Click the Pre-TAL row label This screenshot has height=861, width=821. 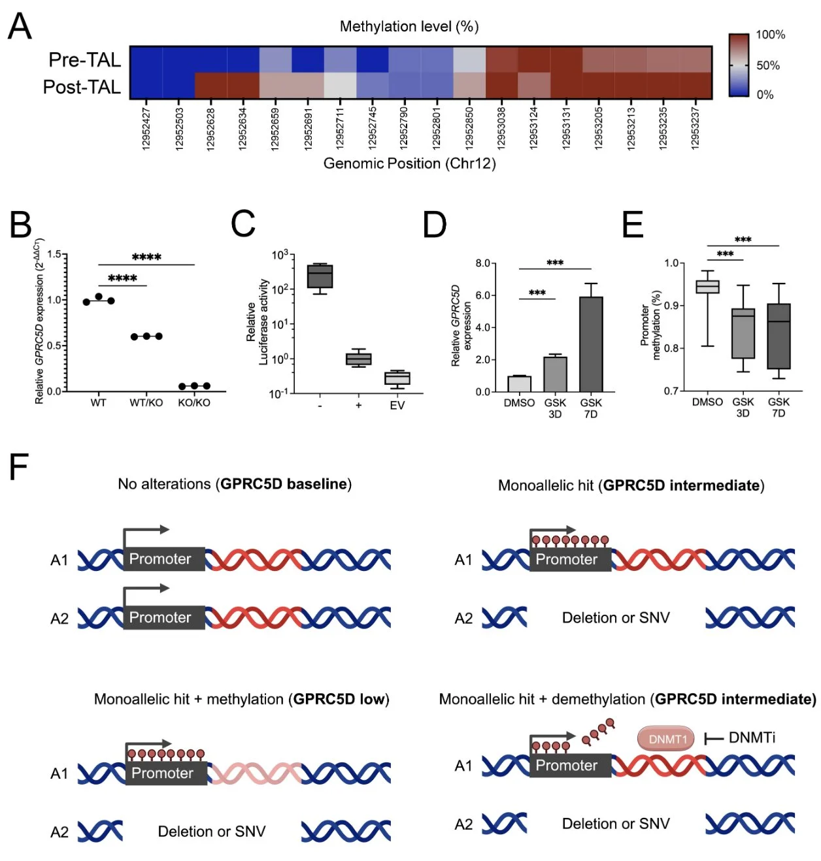click(x=84, y=60)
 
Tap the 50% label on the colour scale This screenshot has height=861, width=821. click(x=768, y=65)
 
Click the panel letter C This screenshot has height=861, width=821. click(x=243, y=223)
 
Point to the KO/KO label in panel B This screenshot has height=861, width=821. click(x=194, y=403)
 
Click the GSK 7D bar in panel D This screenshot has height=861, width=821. click(x=591, y=344)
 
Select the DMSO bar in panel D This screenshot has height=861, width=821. click(x=519, y=384)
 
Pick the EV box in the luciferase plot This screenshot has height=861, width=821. click(x=397, y=378)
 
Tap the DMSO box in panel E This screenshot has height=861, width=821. click(x=707, y=287)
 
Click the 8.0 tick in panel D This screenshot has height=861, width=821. click(x=482, y=263)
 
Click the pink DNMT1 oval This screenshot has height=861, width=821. click(x=666, y=739)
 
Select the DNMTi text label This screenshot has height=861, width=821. click(x=752, y=738)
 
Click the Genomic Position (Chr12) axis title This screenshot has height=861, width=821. click(x=409, y=163)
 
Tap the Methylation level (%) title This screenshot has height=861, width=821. click(x=409, y=27)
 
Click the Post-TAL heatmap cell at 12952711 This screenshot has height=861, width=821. click(x=340, y=86)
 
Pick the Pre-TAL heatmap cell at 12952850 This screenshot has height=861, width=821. click(x=469, y=59)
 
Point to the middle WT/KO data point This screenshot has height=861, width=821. click(x=146, y=336)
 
